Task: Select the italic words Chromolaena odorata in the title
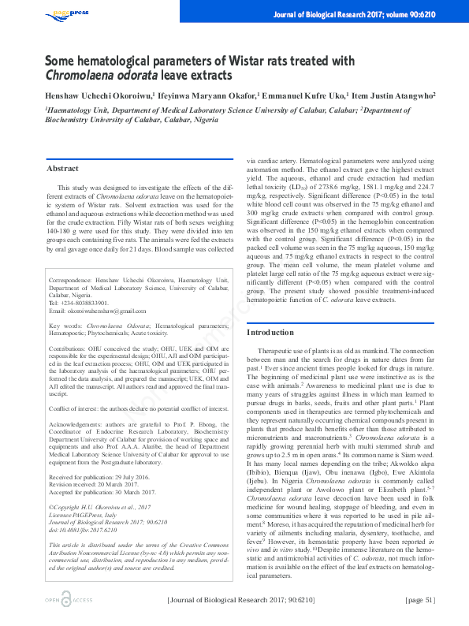click(101, 75)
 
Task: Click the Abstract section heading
click(63, 169)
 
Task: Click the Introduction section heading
click(270, 333)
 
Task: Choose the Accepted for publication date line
click(106, 471)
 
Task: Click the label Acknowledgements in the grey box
click(75, 423)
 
